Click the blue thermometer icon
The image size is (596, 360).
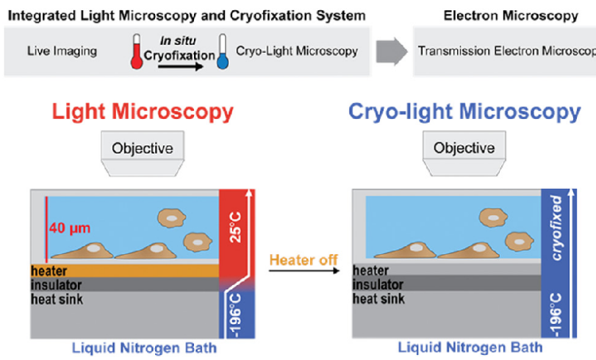click(x=222, y=53)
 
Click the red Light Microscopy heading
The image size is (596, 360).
click(x=143, y=112)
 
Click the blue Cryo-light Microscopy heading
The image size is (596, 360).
click(x=465, y=112)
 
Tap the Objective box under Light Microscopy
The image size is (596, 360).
click(x=143, y=148)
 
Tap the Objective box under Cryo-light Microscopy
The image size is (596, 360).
click(x=464, y=148)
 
